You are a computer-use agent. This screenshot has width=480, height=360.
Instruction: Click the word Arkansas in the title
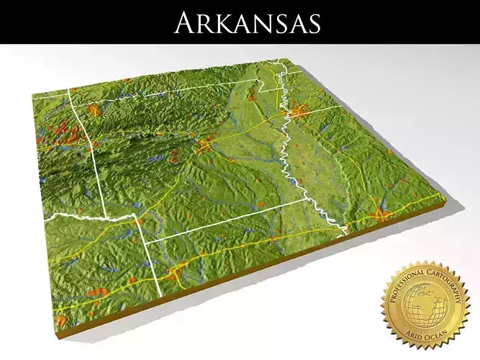(x=247, y=22)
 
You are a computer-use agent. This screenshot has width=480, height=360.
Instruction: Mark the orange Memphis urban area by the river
(x=298, y=112)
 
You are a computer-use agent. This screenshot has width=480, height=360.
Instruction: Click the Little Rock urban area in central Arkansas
(x=204, y=146)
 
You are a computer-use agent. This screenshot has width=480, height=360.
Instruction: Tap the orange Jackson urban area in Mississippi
(x=381, y=214)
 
